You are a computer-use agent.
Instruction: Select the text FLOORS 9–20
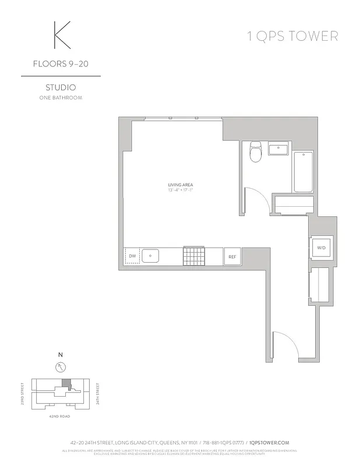pos(61,65)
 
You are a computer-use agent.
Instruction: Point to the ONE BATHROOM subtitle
pos(61,98)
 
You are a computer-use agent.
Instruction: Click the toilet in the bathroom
pos(255,153)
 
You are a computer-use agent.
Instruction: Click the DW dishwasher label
pos(132,256)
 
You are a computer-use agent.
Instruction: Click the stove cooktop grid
pos(194,256)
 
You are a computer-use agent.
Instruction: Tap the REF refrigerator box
pos(231,256)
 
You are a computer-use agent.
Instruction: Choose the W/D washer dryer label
pos(322,248)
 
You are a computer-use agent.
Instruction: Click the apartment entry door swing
pos(287,345)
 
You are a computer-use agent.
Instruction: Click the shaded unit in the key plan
pos(66,384)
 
